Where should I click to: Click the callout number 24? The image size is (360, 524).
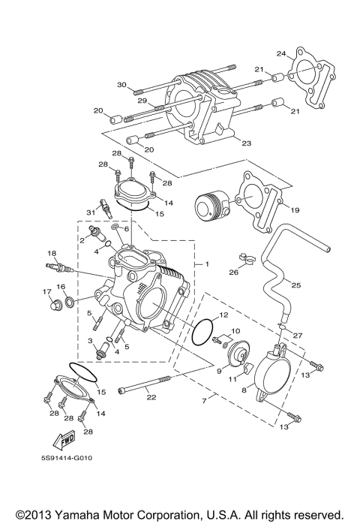pos(281,53)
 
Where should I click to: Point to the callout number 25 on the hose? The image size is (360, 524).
pos(295,285)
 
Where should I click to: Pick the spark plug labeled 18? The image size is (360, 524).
pos(59,266)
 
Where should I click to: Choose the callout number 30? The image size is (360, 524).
pos(122,84)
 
